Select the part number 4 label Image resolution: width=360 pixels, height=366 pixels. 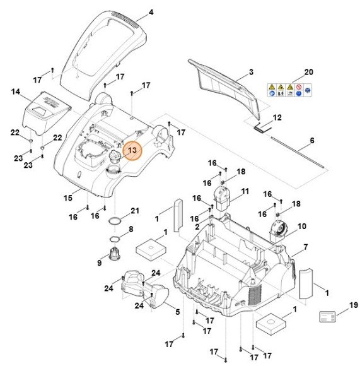[150, 12]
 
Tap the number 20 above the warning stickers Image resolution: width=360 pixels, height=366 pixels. [308, 72]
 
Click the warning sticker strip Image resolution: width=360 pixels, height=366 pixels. [290, 89]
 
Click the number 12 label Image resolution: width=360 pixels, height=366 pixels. [277, 117]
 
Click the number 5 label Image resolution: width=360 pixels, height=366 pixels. [177, 312]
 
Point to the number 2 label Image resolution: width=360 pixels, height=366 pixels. [197, 226]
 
